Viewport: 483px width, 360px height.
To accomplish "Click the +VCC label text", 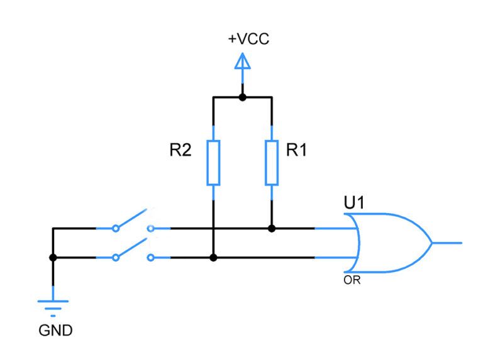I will (248, 40).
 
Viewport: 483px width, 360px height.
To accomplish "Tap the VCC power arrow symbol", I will (242, 62).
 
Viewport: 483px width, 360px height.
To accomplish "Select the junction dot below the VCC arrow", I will (242, 97).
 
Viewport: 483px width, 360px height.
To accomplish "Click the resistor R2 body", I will (214, 163).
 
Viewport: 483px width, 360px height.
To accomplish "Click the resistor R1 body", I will (272, 163).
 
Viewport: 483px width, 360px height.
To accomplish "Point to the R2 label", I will (180, 151).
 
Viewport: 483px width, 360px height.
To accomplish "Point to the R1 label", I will (296, 151).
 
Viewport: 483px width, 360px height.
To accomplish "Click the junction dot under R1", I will (272, 229).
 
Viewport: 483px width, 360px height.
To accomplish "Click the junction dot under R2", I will (214, 258).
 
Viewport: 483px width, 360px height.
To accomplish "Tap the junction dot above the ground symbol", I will (53, 258).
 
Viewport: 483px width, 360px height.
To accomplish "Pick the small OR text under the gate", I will (352, 280).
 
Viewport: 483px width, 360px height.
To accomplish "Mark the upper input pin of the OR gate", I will (333, 229).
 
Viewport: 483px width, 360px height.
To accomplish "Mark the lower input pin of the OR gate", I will (333, 258).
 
